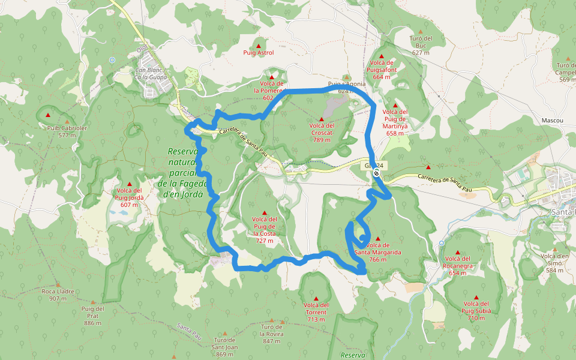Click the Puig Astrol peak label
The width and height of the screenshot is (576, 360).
pyautogui.click(x=259, y=53)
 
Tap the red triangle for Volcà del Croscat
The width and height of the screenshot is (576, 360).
pyautogui.click(x=322, y=119)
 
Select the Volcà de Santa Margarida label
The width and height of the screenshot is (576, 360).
pyautogui.click(x=377, y=248)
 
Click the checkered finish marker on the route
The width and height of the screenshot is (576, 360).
pyautogui.click(x=376, y=173)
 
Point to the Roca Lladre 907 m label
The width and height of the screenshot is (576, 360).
pyautogui.click(x=58, y=295)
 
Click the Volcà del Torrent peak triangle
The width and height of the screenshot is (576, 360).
pyautogui.click(x=316, y=298)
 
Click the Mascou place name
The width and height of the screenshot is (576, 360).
pyautogui.click(x=552, y=121)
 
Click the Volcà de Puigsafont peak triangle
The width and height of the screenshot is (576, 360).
pyautogui.click(x=382, y=56)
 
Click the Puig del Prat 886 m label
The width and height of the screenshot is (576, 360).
pyautogui.click(x=92, y=316)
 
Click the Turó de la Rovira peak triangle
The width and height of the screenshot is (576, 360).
pyautogui.click(x=272, y=321)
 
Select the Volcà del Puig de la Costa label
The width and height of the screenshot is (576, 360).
pyautogui.click(x=265, y=230)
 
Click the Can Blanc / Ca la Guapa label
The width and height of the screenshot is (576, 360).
pyautogui.click(x=150, y=73)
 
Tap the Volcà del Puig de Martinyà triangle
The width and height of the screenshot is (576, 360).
pyautogui.click(x=395, y=104)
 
